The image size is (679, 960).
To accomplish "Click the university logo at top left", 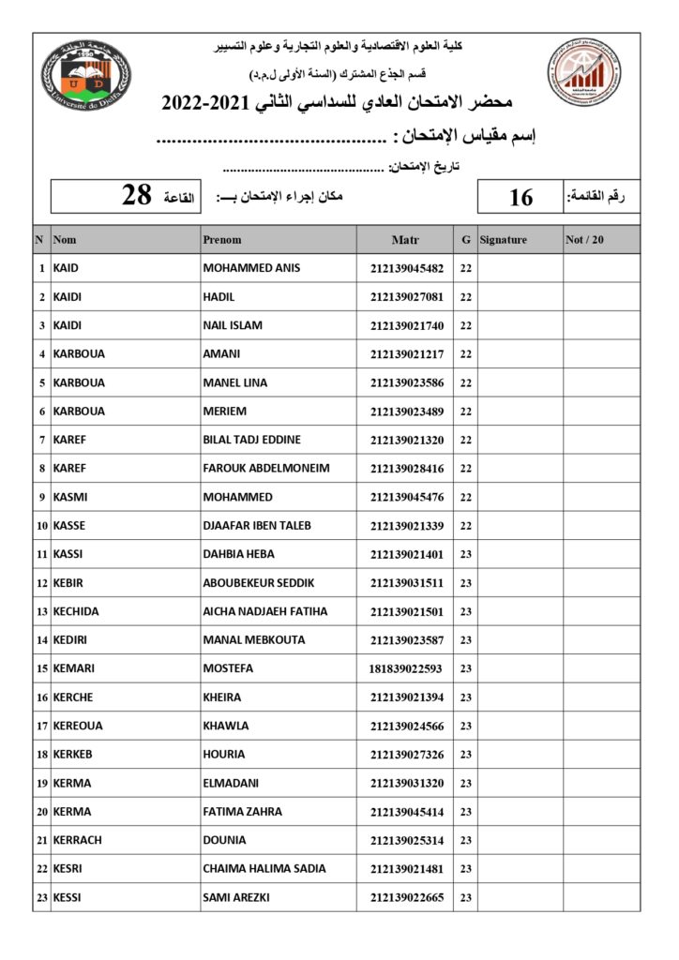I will tap(86, 74).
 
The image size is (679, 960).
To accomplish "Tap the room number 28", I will tap(137, 195).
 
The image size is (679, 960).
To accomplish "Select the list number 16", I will tap(521, 197).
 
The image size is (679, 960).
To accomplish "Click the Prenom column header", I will tap(222, 240).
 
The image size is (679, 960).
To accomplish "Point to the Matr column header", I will tap(405, 240).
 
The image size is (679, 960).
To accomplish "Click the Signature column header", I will tap(504, 240).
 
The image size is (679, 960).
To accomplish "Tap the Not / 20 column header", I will tap(585, 240).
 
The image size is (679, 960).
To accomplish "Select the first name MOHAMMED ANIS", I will tap(251, 268).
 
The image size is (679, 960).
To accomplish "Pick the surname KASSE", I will tap(69, 525).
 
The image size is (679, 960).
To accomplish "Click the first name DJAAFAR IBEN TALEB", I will tap(257, 525).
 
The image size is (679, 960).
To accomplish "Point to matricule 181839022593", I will tap(407, 668).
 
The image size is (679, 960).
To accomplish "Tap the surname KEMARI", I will tap(73, 668).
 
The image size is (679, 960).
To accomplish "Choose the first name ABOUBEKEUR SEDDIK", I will tap(259, 582).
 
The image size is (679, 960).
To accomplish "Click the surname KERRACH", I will tap(76, 840).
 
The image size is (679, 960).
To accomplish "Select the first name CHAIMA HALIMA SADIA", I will tap(265, 868).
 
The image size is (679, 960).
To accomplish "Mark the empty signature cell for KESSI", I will tap(520, 897).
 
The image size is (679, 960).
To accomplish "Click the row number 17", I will tap(42, 726).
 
